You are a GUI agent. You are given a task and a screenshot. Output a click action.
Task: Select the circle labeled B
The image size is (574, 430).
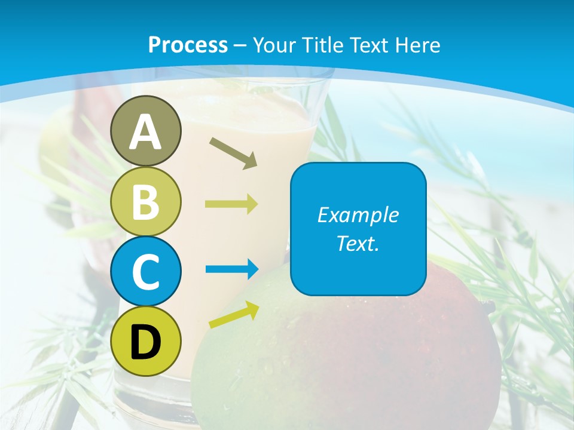[146, 201]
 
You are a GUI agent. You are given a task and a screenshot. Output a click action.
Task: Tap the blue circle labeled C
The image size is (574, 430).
[146, 272]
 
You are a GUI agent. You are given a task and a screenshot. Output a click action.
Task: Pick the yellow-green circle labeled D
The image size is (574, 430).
[146, 341]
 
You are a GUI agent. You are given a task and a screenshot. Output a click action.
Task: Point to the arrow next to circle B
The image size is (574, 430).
[231, 204]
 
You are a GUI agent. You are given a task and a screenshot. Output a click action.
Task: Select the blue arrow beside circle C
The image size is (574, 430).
[231, 269]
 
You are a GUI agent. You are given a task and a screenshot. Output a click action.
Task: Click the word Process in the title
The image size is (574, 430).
[188, 45]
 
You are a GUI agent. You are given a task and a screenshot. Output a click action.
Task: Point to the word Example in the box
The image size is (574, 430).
[358, 215]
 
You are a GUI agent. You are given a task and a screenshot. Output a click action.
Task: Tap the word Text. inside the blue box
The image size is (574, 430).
[358, 244]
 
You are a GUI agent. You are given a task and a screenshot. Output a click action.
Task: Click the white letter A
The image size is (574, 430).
[146, 133]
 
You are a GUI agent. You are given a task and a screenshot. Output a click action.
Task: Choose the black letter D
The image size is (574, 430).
[146, 342]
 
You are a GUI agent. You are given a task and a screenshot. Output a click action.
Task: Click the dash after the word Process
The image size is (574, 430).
[240, 45]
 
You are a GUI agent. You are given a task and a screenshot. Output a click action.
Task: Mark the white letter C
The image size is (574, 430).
[146, 272]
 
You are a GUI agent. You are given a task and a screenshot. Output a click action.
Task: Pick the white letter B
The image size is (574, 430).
[146, 202]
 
